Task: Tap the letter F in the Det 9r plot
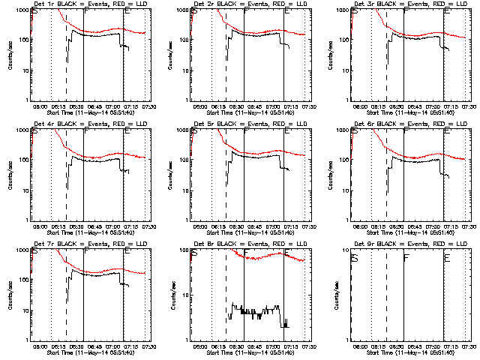[406, 259]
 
